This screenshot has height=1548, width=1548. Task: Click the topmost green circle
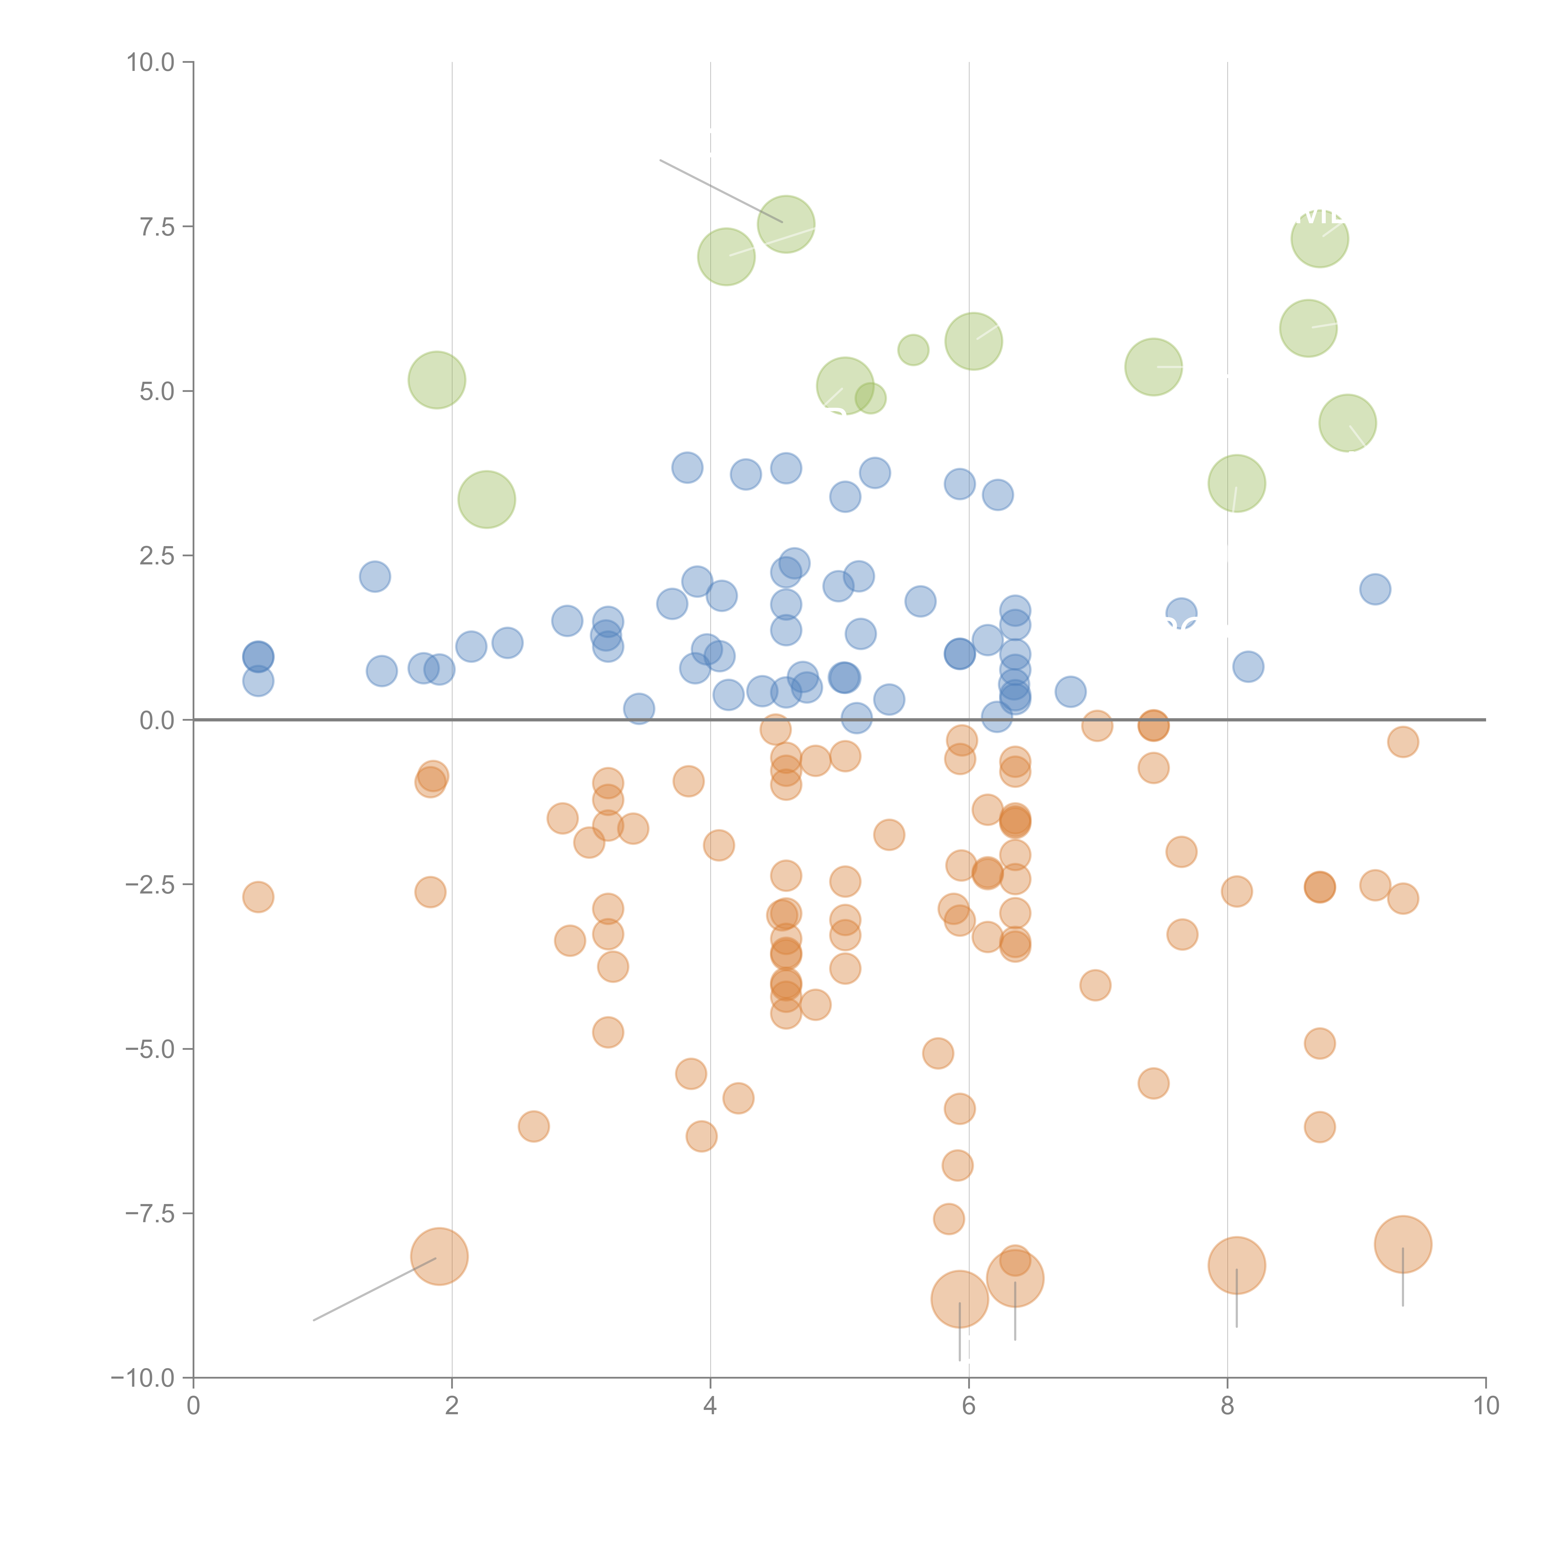[x=786, y=224]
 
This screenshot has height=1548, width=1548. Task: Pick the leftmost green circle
[x=437, y=380]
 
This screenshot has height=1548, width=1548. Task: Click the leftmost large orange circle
[x=439, y=1256]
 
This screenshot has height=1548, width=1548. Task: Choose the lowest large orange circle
[x=959, y=1299]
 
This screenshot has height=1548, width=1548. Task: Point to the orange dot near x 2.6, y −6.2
[x=534, y=1127]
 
